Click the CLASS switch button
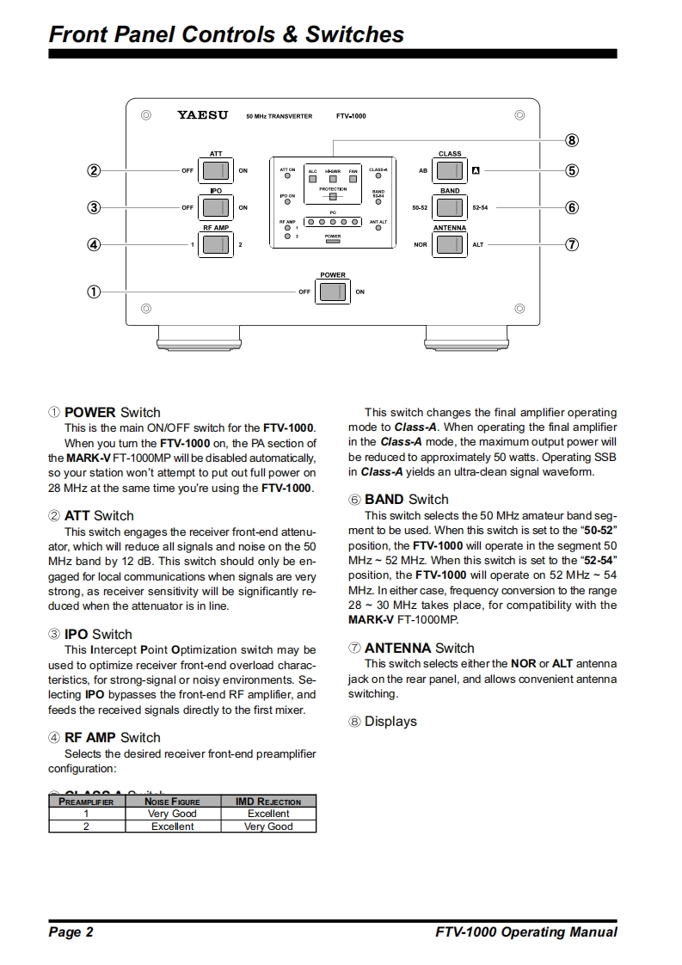(x=449, y=170)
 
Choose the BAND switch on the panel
(x=449, y=207)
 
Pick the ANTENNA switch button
(x=449, y=244)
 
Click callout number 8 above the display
(x=571, y=139)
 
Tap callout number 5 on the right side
(x=571, y=170)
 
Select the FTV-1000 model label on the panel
(x=351, y=115)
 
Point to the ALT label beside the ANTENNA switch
(x=478, y=244)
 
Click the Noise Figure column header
(x=172, y=802)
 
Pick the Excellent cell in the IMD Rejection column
(x=268, y=814)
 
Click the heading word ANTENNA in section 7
(x=397, y=648)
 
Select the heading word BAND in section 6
(x=384, y=499)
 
